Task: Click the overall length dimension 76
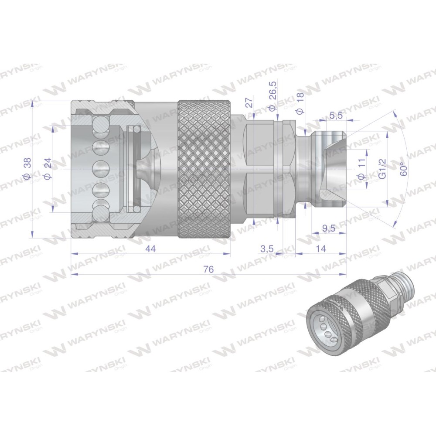[x=208, y=269]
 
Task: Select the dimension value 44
[x=150, y=249]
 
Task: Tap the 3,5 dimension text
[x=267, y=249]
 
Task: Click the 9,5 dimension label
[x=328, y=228]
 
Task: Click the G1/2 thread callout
[x=383, y=169]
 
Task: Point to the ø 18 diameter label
[x=300, y=104]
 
